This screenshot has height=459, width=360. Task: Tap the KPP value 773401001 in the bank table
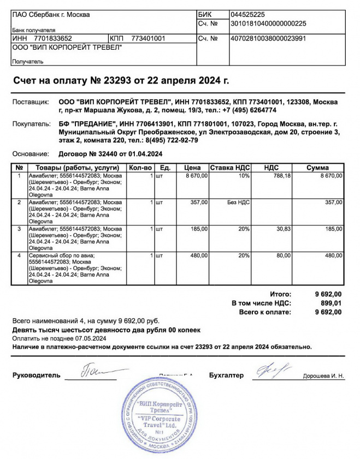click(149, 39)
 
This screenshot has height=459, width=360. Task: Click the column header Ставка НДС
click(230, 168)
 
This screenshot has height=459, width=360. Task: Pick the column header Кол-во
click(140, 168)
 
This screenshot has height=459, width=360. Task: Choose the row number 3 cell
click(19, 229)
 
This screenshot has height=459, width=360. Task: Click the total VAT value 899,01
click(331, 303)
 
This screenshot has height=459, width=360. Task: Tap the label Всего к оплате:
click(265, 312)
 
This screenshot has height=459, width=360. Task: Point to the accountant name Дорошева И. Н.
click(323, 376)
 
